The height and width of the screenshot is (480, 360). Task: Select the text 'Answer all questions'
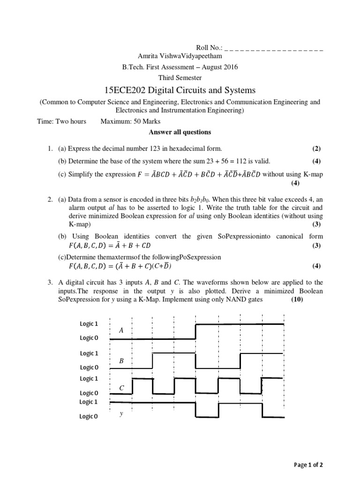pyautogui.click(x=180, y=132)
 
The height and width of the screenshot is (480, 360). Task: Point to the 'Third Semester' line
pyautogui.click(x=180, y=78)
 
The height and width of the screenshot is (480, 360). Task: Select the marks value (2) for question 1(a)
pyautogui.click(x=316, y=149)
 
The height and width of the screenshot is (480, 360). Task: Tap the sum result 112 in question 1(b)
pyautogui.click(x=226, y=161)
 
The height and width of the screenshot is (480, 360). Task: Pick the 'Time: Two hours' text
pyautogui.click(x=61, y=121)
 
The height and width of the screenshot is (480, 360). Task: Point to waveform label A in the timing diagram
pyautogui.click(x=121, y=330)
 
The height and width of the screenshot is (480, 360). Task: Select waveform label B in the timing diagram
pyautogui.click(x=121, y=361)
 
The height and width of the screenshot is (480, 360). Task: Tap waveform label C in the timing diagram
pyautogui.click(x=121, y=388)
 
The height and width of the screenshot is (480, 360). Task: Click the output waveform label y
pyautogui.click(x=121, y=414)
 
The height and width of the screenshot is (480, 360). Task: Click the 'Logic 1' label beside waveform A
pyautogui.click(x=89, y=324)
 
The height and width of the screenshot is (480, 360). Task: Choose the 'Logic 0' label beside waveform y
pyautogui.click(x=89, y=416)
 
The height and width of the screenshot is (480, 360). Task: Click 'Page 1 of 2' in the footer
pyautogui.click(x=308, y=465)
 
